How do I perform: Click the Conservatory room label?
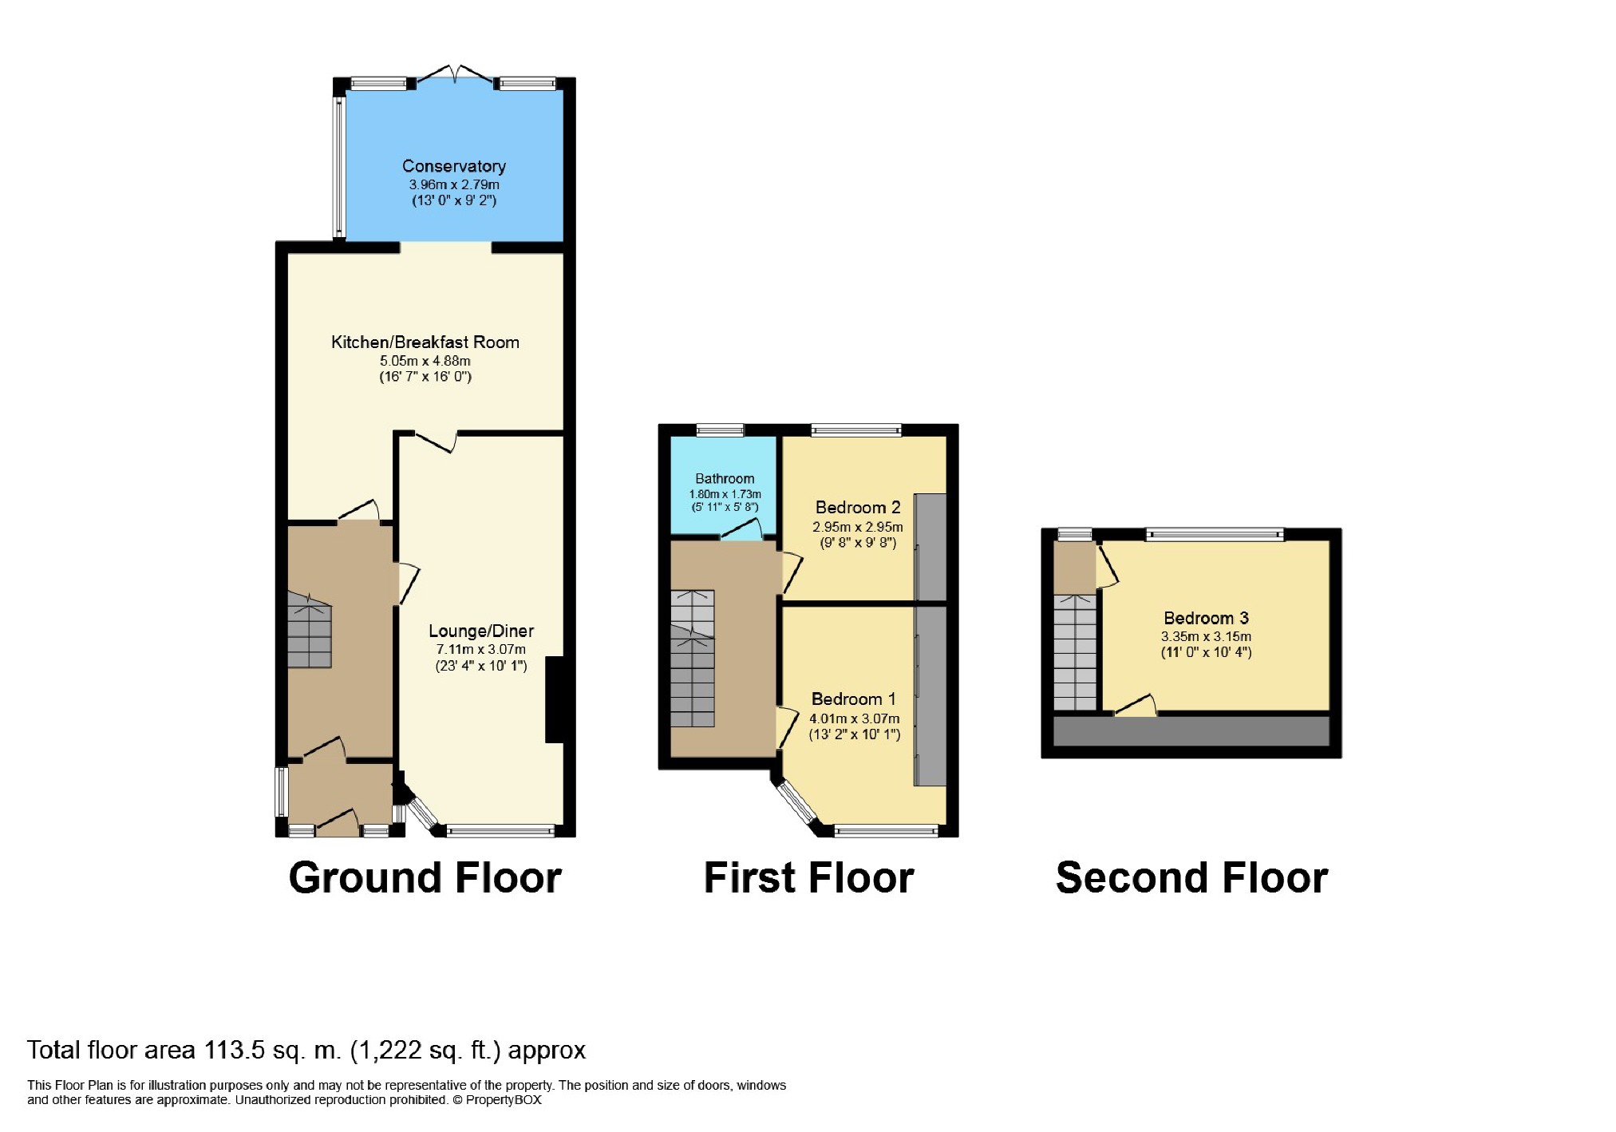(x=453, y=166)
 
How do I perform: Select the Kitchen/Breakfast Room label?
(x=425, y=342)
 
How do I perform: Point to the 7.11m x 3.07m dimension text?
(x=480, y=649)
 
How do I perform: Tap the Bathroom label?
(x=724, y=478)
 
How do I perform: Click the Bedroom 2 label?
(x=857, y=507)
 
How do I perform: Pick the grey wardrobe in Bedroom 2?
(x=930, y=547)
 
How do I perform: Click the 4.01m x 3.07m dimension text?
(x=854, y=718)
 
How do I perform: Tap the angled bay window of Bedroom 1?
(x=798, y=805)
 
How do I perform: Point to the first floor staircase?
(x=692, y=659)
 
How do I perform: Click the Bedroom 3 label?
(x=1205, y=618)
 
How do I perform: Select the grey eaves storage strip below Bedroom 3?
(x=1191, y=730)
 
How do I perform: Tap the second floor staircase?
(x=1075, y=653)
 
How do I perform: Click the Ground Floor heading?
(x=425, y=877)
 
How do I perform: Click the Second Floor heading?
(x=1191, y=877)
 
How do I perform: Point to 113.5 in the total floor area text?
(x=234, y=1050)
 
